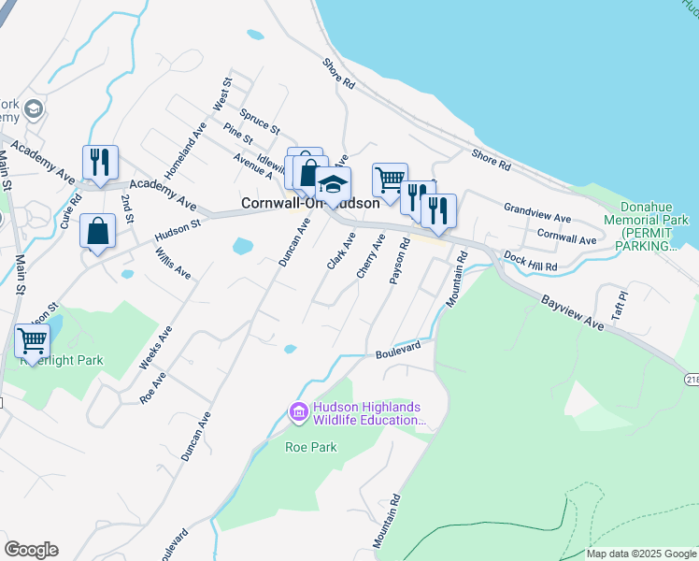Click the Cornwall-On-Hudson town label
click(x=310, y=203)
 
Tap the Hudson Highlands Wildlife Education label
click(x=366, y=413)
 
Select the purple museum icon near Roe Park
click(x=299, y=411)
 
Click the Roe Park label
click(x=310, y=447)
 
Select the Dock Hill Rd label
click(x=530, y=261)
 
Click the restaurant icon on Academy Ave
click(x=98, y=162)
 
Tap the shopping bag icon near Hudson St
click(x=98, y=231)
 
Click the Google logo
click(x=31, y=550)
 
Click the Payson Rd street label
click(x=401, y=261)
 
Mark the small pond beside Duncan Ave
click(x=242, y=247)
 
